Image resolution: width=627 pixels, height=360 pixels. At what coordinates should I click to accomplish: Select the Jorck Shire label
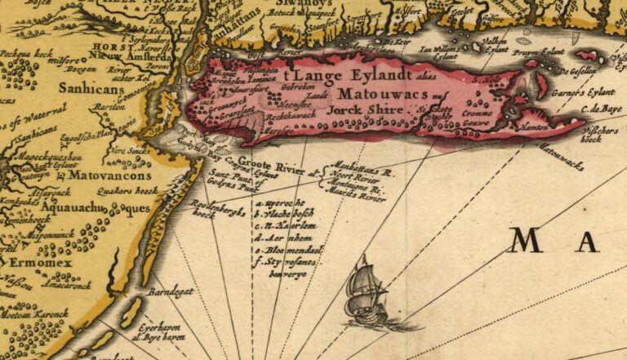pyautogui.click(x=366, y=109)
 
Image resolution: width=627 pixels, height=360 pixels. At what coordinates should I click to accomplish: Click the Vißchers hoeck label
pyautogui.click(x=597, y=133)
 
